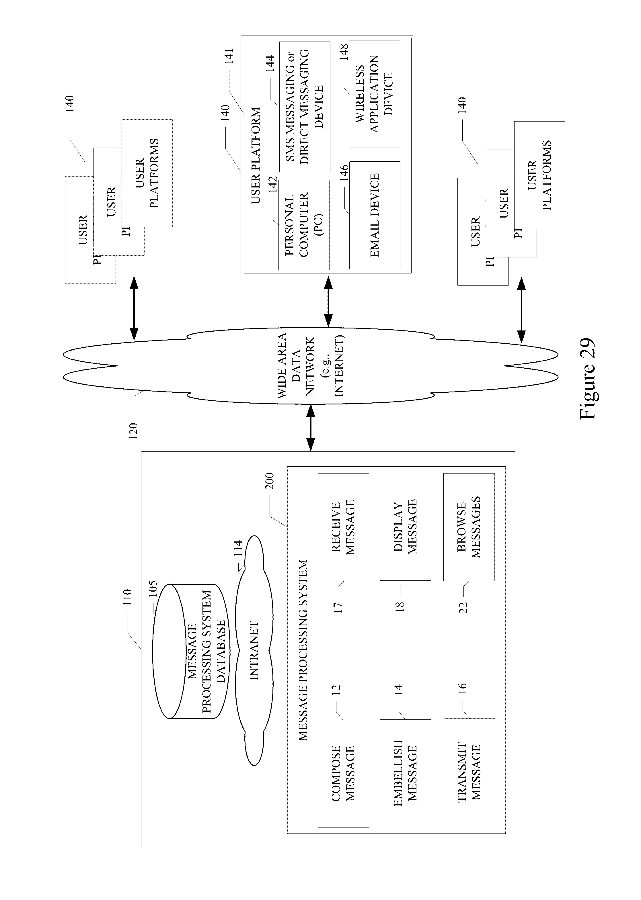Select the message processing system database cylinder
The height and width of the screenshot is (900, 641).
[191, 651]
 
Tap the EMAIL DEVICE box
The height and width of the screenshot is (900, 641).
[375, 215]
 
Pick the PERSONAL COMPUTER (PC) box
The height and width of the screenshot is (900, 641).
[304, 225]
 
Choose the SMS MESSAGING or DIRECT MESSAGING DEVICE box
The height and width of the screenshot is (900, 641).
[304, 107]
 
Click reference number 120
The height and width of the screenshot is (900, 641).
[133, 431]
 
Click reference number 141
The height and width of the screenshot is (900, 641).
[229, 56]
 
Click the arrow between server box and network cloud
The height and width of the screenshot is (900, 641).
[311, 428]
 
